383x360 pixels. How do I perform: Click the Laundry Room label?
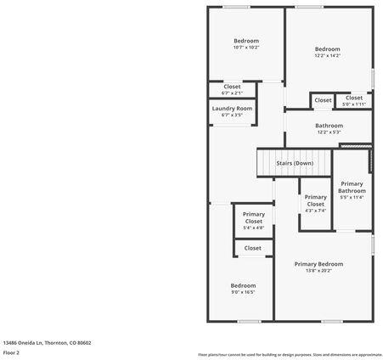(232, 109)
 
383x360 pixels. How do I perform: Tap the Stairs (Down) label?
(295, 162)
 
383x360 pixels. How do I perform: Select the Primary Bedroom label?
(318, 264)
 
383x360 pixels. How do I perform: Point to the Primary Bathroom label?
(352, 187)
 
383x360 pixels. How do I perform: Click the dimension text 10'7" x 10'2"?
(246, 48)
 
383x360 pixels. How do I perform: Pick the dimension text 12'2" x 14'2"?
(327, 56)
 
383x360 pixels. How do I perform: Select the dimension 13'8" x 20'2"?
(318, 271)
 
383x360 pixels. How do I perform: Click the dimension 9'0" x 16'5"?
(243, 292)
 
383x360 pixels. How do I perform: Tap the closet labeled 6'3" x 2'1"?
(232, 93)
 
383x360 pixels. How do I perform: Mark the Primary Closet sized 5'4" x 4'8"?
(253, 221)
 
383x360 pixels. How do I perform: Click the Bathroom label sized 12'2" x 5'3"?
(329, 128)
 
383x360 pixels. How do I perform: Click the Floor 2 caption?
(10, 352)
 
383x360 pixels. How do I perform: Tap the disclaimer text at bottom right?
(290, 354)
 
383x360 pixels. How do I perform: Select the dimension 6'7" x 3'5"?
(232, 115)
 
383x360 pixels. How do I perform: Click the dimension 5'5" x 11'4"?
(352, 197)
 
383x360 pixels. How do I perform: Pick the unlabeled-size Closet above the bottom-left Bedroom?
(253, 248)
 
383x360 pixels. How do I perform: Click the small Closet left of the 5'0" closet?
(323, 100)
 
